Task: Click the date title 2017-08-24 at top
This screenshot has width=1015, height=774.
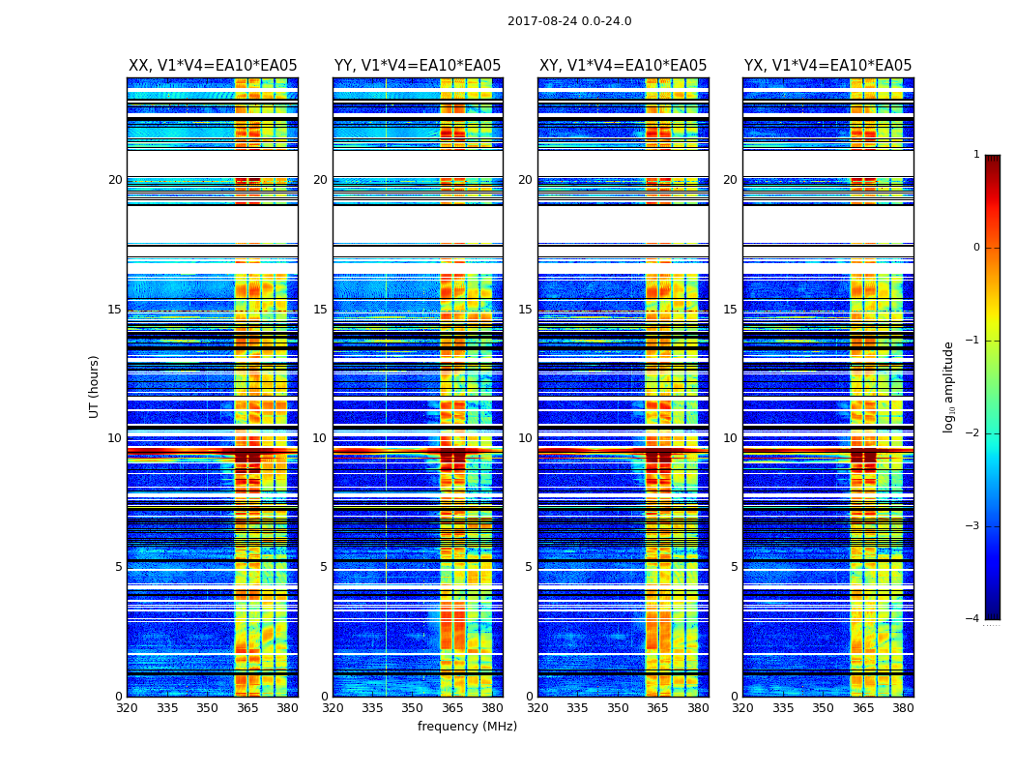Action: coord(569,21)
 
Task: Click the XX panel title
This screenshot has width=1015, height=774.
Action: coord(213,66)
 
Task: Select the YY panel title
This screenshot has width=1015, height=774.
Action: coord(418,66)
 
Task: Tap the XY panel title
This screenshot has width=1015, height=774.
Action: coord(623,66)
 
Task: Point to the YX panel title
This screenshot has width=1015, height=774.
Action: coord(827,66)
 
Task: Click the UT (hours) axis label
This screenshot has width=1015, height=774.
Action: coord(95,386)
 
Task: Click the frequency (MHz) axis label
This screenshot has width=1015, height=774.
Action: coord(467,727)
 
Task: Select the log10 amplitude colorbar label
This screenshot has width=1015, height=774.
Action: coord(949,386)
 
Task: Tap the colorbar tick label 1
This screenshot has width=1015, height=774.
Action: coord(976,155)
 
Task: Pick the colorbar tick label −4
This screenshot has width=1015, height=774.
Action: coord(973,619)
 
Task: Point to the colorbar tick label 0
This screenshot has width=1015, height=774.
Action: coord(976,248)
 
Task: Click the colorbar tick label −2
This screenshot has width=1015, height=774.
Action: coord(973,433)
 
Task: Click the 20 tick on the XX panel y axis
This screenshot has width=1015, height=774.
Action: coord(115,180)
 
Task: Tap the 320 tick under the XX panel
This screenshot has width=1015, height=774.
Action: coord(127,708)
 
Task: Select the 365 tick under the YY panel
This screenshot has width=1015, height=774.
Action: coord(452,708)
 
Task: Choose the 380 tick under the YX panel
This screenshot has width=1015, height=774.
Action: coord(903,708)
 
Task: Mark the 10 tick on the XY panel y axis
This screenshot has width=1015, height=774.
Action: coord(526,438)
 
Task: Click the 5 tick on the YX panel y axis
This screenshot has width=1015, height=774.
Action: coord(735,567)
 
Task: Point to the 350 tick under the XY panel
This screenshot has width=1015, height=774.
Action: coord(618,708)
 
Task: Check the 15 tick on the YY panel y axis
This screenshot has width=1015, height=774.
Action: coord(320,310)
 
